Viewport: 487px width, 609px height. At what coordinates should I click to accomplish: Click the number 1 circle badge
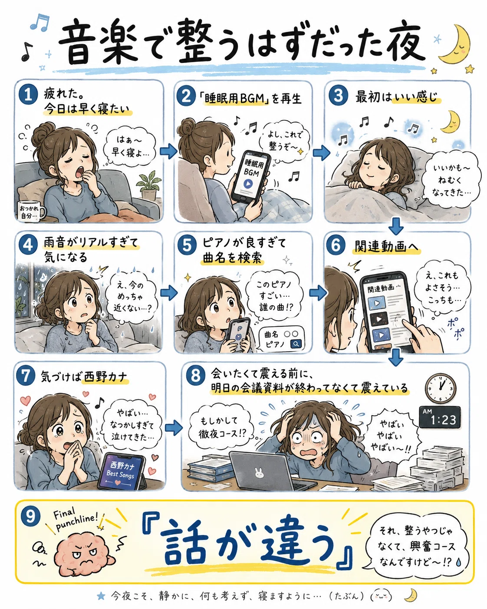pyautogui.click(x=28, y=95)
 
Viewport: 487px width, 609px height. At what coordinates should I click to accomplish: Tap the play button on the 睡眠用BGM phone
pyautogui.click(x=248, y=184)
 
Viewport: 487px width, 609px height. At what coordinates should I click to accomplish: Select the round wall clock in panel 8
pyautogui.click(x=441, y=388)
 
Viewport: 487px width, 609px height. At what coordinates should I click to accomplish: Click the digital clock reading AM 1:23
pyautogui.click(x=440, y=418)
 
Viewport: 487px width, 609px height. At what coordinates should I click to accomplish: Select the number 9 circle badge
pyautogui.click(x=30, y=516)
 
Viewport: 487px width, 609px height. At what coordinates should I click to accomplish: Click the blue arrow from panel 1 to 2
pyautogui.click(x=168, y=152)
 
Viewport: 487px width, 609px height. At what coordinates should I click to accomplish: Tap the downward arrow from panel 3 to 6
pyautogui.click(x=396, y=226)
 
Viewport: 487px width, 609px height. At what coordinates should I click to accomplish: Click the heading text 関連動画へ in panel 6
pyautogui.click(x=386, y=247)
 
